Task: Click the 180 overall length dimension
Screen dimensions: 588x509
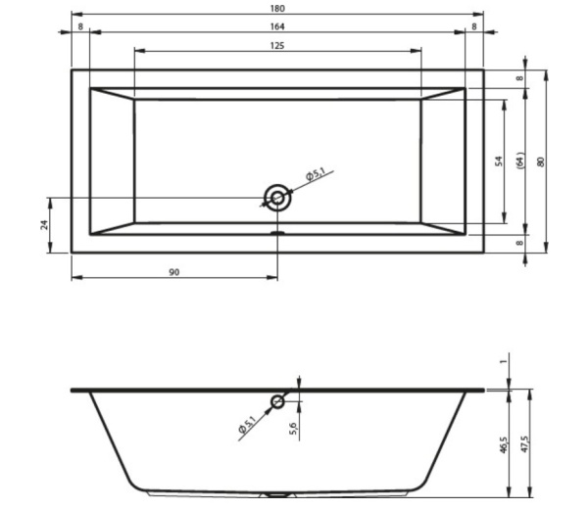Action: (x=277, y=8)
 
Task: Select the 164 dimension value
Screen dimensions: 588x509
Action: (x=277, y=26)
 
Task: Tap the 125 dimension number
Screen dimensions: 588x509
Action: (x=277, y=46)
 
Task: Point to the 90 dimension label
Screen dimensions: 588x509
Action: (x=174, y=272)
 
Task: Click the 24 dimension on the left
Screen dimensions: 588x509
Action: (x=45, y=225)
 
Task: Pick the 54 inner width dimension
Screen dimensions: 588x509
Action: (x=499, y=162)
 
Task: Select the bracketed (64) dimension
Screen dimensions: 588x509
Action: (x=520, y=162)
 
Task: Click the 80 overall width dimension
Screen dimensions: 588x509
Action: (x=540, y=162)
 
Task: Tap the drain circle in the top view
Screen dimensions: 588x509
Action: (x=277, y=198)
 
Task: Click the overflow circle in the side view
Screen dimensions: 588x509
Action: (x=277, y=402)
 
